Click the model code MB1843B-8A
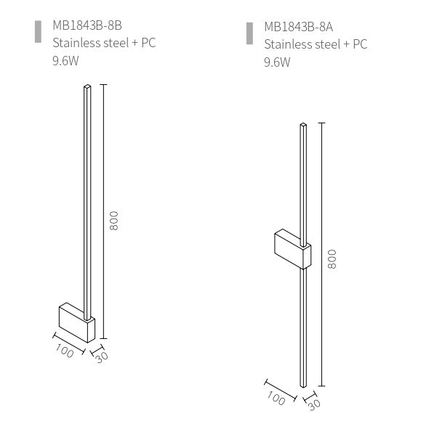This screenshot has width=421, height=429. [298, 28]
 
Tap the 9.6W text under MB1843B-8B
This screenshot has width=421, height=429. [65, 60]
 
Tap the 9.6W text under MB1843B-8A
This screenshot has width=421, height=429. [277, 62]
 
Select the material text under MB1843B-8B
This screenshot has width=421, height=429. [103, 44]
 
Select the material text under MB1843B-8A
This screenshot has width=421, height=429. [316, 45]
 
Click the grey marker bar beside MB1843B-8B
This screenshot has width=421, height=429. [38, 32]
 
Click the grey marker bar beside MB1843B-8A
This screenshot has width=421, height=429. [249, 33]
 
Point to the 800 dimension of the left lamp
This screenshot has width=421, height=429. [113, 221]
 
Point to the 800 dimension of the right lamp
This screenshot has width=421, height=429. [332, 259]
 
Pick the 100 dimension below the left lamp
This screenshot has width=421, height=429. [65, 351]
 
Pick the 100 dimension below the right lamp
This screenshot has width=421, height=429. [276, 398]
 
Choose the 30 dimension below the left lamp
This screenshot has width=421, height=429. [101, 357]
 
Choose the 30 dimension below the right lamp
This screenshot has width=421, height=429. [314, 404]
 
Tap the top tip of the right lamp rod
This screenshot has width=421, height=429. [303, 127]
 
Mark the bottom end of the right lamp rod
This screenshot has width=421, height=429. [303, 387]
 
